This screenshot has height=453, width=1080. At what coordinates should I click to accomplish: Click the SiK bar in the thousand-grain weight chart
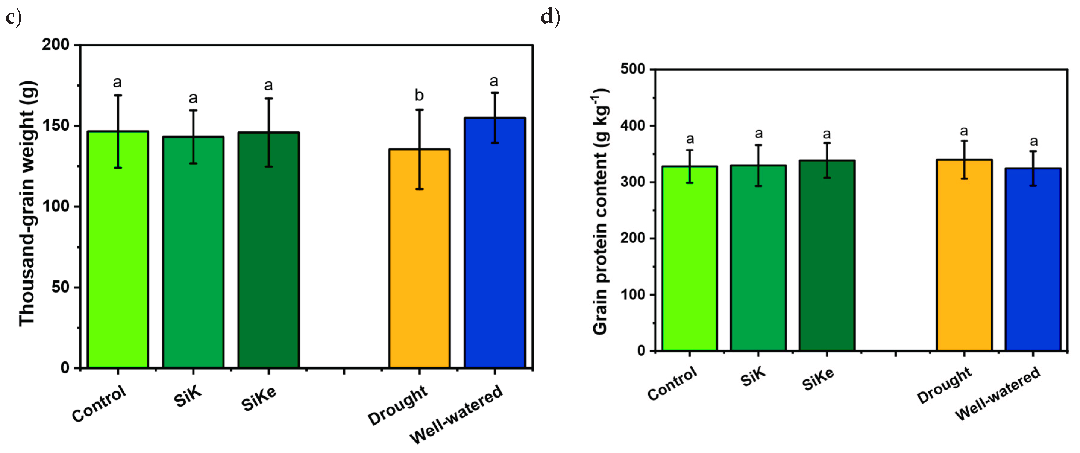(193, 252)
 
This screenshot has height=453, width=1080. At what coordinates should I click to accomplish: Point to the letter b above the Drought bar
(419, 96)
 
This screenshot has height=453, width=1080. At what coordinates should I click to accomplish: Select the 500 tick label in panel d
(633, 69)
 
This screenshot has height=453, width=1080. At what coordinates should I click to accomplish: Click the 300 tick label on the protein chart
(633, 182)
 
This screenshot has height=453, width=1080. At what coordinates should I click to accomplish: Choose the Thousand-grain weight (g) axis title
(28, 204)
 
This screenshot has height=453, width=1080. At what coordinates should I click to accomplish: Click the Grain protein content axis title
(601, 212)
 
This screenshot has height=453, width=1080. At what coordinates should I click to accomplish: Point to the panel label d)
(550, 17)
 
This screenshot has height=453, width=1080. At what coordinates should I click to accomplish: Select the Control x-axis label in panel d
(672, 383)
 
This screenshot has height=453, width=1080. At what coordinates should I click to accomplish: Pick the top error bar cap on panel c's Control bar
(118, 95)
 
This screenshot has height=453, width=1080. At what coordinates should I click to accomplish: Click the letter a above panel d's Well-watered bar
(1034, 141)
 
